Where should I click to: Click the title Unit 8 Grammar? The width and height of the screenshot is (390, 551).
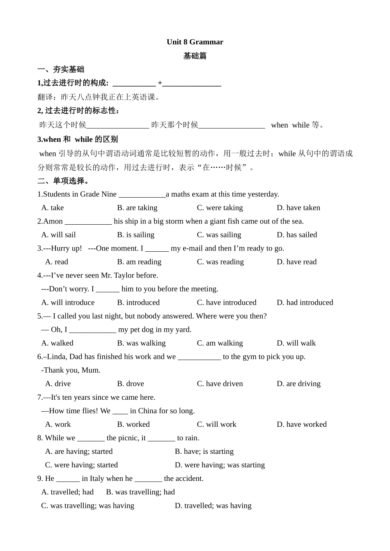pos(195,42)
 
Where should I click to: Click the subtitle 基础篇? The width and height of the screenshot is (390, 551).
pos(195,56)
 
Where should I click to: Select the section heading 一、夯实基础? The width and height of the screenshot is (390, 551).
pos(61,69)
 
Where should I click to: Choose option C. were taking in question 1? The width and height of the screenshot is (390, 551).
pos(220,208)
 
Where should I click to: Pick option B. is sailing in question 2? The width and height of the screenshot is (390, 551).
pos(135,235)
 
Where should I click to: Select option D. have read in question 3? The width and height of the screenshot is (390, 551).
pos(296,262)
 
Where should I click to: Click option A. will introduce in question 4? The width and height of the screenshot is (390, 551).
pos(68,303)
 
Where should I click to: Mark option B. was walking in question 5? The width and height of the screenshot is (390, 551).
pos(141,343)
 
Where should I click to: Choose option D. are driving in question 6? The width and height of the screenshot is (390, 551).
pos(298,384)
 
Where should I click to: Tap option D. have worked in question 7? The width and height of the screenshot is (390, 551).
pos(301,424)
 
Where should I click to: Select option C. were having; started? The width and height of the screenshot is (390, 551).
pos(81,465)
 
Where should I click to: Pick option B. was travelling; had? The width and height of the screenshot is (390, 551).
pos(140,492)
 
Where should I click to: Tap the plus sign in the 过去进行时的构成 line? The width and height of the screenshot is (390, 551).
pos(160,83)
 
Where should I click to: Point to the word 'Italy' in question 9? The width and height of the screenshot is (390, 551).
pos(97,478)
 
